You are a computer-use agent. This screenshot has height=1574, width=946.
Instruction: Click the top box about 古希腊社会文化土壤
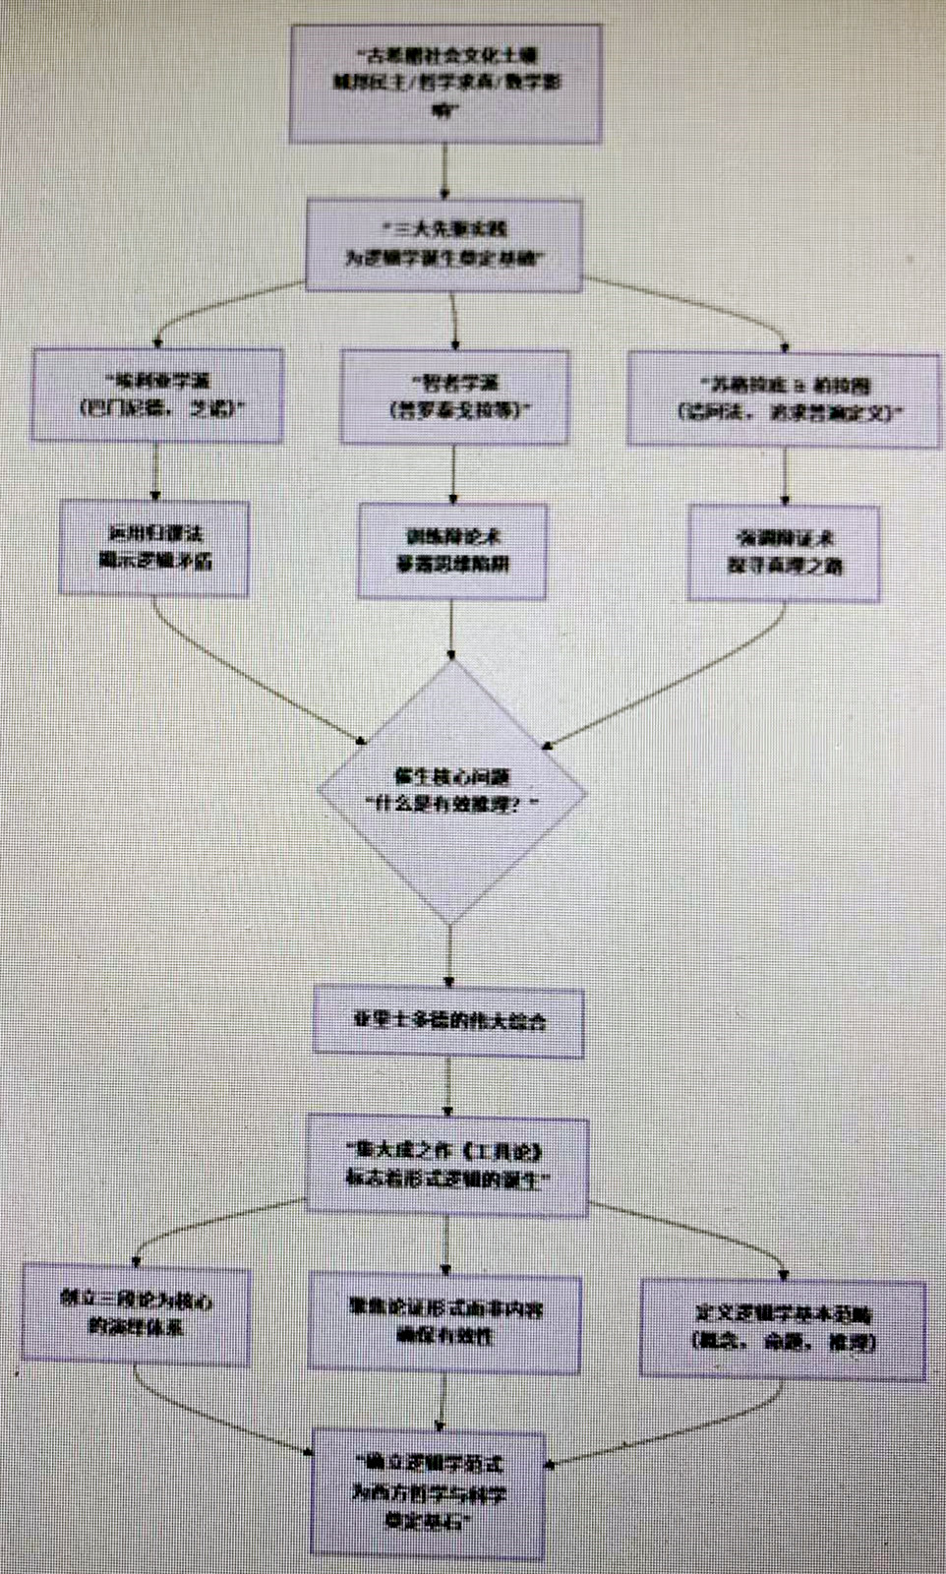coord(444,84)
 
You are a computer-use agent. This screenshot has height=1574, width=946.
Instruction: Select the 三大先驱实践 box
coord(443,244)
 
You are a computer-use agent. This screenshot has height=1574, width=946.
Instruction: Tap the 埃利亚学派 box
coord(157,394)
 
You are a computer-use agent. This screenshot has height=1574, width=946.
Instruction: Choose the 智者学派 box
coord(454,396)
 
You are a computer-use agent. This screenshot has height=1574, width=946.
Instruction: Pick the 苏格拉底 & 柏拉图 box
coord(784,398)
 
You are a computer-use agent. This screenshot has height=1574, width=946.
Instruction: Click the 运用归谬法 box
coord(153,548)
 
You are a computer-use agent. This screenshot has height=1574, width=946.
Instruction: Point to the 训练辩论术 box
coord(451,551)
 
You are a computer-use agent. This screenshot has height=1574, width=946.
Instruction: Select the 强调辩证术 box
coord(784,553)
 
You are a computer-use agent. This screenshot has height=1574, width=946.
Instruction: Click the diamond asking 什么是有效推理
coord(451,792)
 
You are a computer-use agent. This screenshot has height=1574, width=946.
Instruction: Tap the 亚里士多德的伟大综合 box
coord(448,1021)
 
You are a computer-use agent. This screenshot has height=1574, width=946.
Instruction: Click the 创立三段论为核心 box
coord(136,1315)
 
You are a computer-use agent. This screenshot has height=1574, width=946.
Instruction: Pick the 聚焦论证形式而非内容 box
coord(444,1322)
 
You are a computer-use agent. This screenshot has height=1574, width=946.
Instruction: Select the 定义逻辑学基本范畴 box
coord(783,1328)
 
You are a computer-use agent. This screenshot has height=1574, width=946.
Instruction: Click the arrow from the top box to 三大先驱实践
coord(445,171)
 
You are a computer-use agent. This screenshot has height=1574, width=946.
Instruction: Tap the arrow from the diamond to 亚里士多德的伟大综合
coord(449,954)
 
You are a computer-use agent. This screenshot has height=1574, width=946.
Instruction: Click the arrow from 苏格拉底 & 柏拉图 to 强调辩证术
coord(785,476)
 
